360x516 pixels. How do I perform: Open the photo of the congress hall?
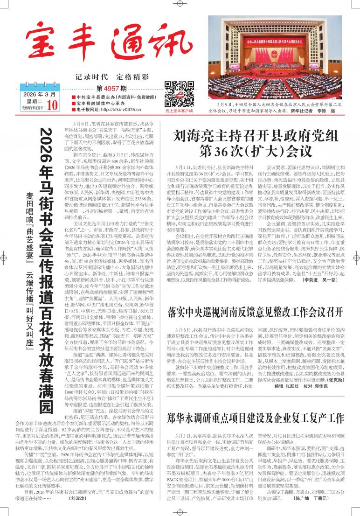pos(275,59)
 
